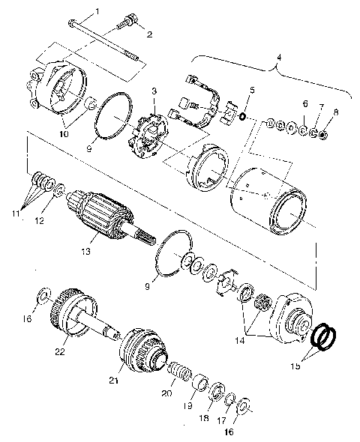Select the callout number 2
coord(148,34)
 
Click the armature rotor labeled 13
coord(102,214)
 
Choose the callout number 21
coord(114,381)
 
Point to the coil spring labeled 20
coord(180,371)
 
